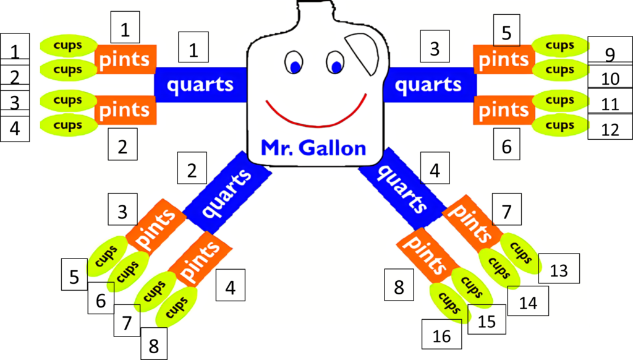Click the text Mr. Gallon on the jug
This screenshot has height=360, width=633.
313,147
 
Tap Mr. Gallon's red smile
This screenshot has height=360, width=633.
316,115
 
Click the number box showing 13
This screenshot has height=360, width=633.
559,270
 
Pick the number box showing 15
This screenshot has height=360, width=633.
487,321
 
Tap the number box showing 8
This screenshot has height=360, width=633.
399,286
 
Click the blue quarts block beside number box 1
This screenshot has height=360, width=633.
200,84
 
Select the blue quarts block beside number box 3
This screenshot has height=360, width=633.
428,85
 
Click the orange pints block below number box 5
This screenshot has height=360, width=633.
504,59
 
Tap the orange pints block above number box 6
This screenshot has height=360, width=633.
504,110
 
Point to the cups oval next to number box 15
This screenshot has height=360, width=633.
449,304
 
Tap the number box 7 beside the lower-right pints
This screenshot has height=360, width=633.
506,212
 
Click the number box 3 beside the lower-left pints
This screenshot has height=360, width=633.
122,211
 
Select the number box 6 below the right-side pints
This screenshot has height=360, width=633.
506,147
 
